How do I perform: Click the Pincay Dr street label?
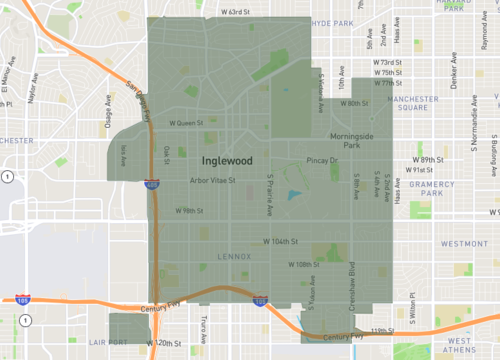click(x=322, y=160)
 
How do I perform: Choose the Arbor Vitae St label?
click(x=212, y=181)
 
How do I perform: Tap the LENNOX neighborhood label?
click(x=235, y=256)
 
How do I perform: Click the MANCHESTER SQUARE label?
click(x=412, y=105)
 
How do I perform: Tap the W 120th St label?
click(x=164, y=343)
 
